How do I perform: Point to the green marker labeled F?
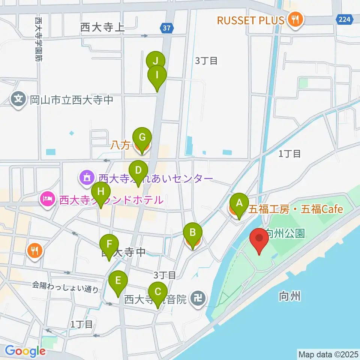click(109, 246)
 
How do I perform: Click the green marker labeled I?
click(157, 76)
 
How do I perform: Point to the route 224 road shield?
click(344, 20)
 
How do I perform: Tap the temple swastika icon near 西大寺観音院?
click(197, 298)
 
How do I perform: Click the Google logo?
click(25, 351)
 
